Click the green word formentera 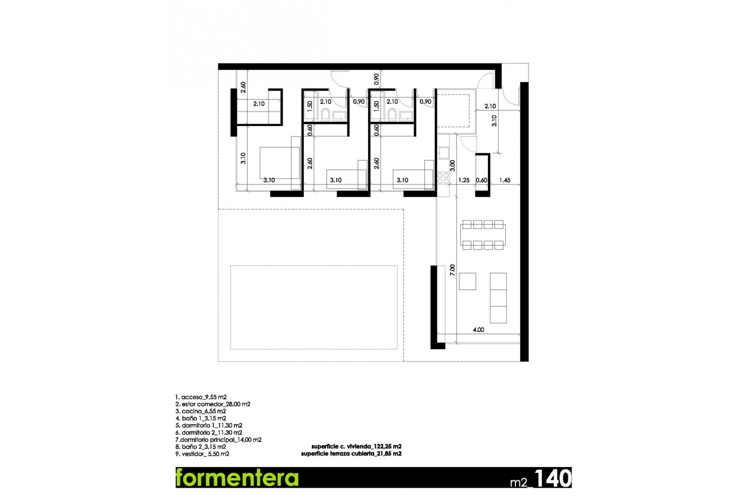tap(237, 477)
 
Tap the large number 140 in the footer tap(552, 478)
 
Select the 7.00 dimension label tap(452, 270)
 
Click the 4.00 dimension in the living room tap(478, 330)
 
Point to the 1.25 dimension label tap(464, 180)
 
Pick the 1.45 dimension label tap(505, 180)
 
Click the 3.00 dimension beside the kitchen tap(452, 165)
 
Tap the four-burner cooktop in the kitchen tap(443, 179)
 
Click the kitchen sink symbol tap(443, 153)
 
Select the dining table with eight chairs tap(483, 235)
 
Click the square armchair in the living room tap(467, 281)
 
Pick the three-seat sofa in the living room tap(498, 298)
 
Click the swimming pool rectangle tap(314, 307)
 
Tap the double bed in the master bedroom tap(279, 163)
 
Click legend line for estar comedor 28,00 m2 tap(213, 404)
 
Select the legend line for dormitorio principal tap(218, 440)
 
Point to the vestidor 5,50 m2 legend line tap(202, 454)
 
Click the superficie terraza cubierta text tap(351, 454)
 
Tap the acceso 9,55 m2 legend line tap(201, 397)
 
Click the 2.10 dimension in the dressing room tap(259, 104)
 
